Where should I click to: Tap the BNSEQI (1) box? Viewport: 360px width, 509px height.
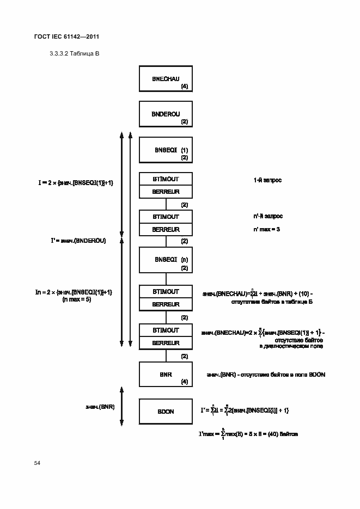(x=166, y=150)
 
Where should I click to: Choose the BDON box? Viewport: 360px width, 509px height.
(x=166, y=412)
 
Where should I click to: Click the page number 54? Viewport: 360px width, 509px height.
(x=37, y=463)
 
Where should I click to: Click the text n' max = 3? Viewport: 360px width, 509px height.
(x=267, y=229)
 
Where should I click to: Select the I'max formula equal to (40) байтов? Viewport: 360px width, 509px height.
(x=248, y=434)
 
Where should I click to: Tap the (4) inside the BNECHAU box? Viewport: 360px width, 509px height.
(x=185, y=87)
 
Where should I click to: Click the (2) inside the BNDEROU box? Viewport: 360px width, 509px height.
(x=185, y=121)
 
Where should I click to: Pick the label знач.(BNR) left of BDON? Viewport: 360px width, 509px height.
(x=100, y=407)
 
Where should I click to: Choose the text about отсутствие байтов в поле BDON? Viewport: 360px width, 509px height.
(x=266, y=375)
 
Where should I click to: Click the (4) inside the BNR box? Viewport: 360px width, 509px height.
(x=185, y=382)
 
